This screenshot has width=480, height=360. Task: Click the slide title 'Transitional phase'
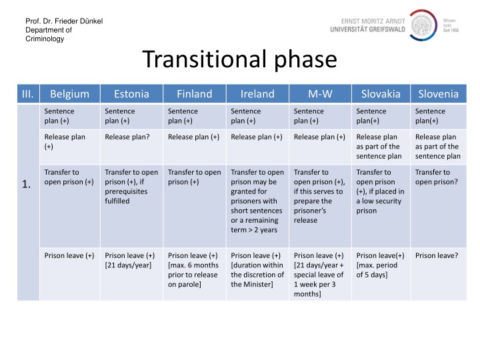coord(239,60)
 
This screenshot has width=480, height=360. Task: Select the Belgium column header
coord(69,94)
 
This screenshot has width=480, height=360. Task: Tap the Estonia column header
coord(131,94)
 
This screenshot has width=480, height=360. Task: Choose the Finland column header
coord(194,94)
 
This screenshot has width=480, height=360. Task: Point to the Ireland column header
coord(257,94)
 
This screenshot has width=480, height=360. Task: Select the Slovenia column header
coord(437,94)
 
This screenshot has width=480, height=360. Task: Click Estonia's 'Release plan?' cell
coord(127,137)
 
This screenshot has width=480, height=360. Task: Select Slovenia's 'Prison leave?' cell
coord(436,255)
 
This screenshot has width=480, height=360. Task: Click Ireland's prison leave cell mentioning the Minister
coord(257,269)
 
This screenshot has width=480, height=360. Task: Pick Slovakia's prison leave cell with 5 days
coord(380,265)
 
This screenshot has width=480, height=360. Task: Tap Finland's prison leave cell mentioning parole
coord(194,269)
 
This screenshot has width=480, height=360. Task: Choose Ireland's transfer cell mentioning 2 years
coord(257,201)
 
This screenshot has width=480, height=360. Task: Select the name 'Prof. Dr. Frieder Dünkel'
coord(64,21)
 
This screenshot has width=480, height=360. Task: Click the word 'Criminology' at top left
coord(45,39)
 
